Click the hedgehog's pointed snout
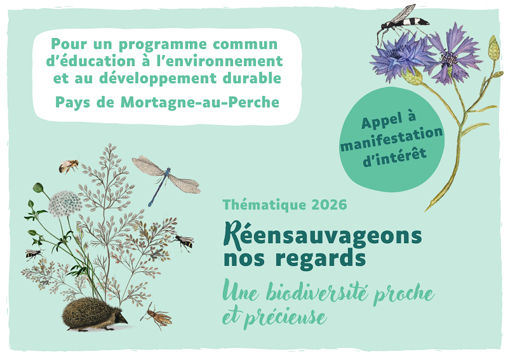coord(125,321)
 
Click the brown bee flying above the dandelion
coord(69,166)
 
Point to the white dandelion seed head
coord(65,203)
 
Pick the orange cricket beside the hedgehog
coord(157,315)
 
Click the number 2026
coord(329,205)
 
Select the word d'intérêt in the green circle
coord(394,153)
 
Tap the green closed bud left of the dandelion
coord(37,187)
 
